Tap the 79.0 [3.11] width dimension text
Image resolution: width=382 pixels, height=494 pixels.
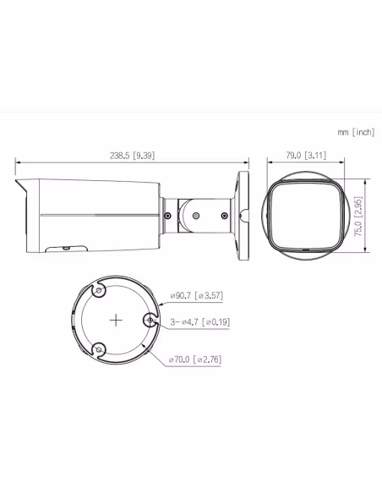304,155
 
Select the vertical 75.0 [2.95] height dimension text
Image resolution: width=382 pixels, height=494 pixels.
358,216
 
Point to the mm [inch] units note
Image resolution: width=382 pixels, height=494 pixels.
355,132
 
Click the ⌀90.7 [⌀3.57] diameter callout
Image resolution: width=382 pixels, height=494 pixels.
196,295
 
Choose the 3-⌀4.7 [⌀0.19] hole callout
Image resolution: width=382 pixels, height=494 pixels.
199,321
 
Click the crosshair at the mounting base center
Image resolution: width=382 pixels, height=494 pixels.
116,321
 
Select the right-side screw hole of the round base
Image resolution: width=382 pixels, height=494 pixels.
150,321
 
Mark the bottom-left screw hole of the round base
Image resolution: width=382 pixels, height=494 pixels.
98,349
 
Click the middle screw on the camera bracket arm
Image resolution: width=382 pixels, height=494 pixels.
196,216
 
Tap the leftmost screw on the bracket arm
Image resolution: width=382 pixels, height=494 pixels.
168,216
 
